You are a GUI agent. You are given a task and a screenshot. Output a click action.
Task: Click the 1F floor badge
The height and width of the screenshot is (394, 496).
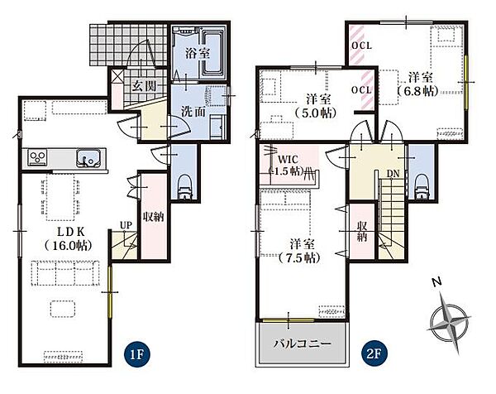[x=137, y=354]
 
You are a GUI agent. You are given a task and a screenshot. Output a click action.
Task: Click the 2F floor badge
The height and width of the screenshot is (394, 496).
[x=374, y=353]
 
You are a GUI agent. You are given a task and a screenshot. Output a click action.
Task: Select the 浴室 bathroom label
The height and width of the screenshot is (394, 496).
[x=198, y=53]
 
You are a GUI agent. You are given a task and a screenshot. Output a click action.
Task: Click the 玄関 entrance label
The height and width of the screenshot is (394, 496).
[x=144, y=85]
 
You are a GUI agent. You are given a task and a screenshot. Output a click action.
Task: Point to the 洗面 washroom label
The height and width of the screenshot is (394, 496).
[x=193, y=112]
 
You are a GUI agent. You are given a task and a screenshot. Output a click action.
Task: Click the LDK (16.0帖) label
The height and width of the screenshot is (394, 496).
[x=69, y=239]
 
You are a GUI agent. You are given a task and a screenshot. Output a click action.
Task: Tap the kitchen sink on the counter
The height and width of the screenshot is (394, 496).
[x=90, y=158]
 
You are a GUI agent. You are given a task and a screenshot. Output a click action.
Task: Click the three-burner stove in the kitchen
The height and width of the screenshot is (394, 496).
[x=38, y=157]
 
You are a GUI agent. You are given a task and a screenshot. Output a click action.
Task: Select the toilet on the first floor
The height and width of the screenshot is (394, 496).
[x=184, y=188]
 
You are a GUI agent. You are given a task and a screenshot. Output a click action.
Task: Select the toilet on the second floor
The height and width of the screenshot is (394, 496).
[x=422, y=186]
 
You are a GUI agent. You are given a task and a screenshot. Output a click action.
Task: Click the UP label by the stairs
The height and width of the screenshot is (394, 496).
[x=126, y=225]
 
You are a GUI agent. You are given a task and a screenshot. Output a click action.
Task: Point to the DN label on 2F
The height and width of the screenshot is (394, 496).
[x=393, y=174]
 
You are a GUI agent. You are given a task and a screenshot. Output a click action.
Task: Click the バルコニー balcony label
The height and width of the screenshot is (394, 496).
[x=302, y=344]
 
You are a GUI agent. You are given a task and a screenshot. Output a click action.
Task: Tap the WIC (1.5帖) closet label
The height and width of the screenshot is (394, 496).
[x=288, y=165]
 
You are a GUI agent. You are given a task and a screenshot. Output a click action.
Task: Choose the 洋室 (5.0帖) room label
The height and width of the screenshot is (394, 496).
[x=317, y=106]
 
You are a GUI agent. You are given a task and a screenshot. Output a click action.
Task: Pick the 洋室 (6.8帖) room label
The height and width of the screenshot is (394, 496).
[x=419, y=84]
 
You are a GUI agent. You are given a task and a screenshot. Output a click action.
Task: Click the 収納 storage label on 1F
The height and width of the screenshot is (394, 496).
[x=154, y=217]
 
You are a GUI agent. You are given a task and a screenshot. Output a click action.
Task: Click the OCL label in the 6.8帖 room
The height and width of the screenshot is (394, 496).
[x=362, y=46]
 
